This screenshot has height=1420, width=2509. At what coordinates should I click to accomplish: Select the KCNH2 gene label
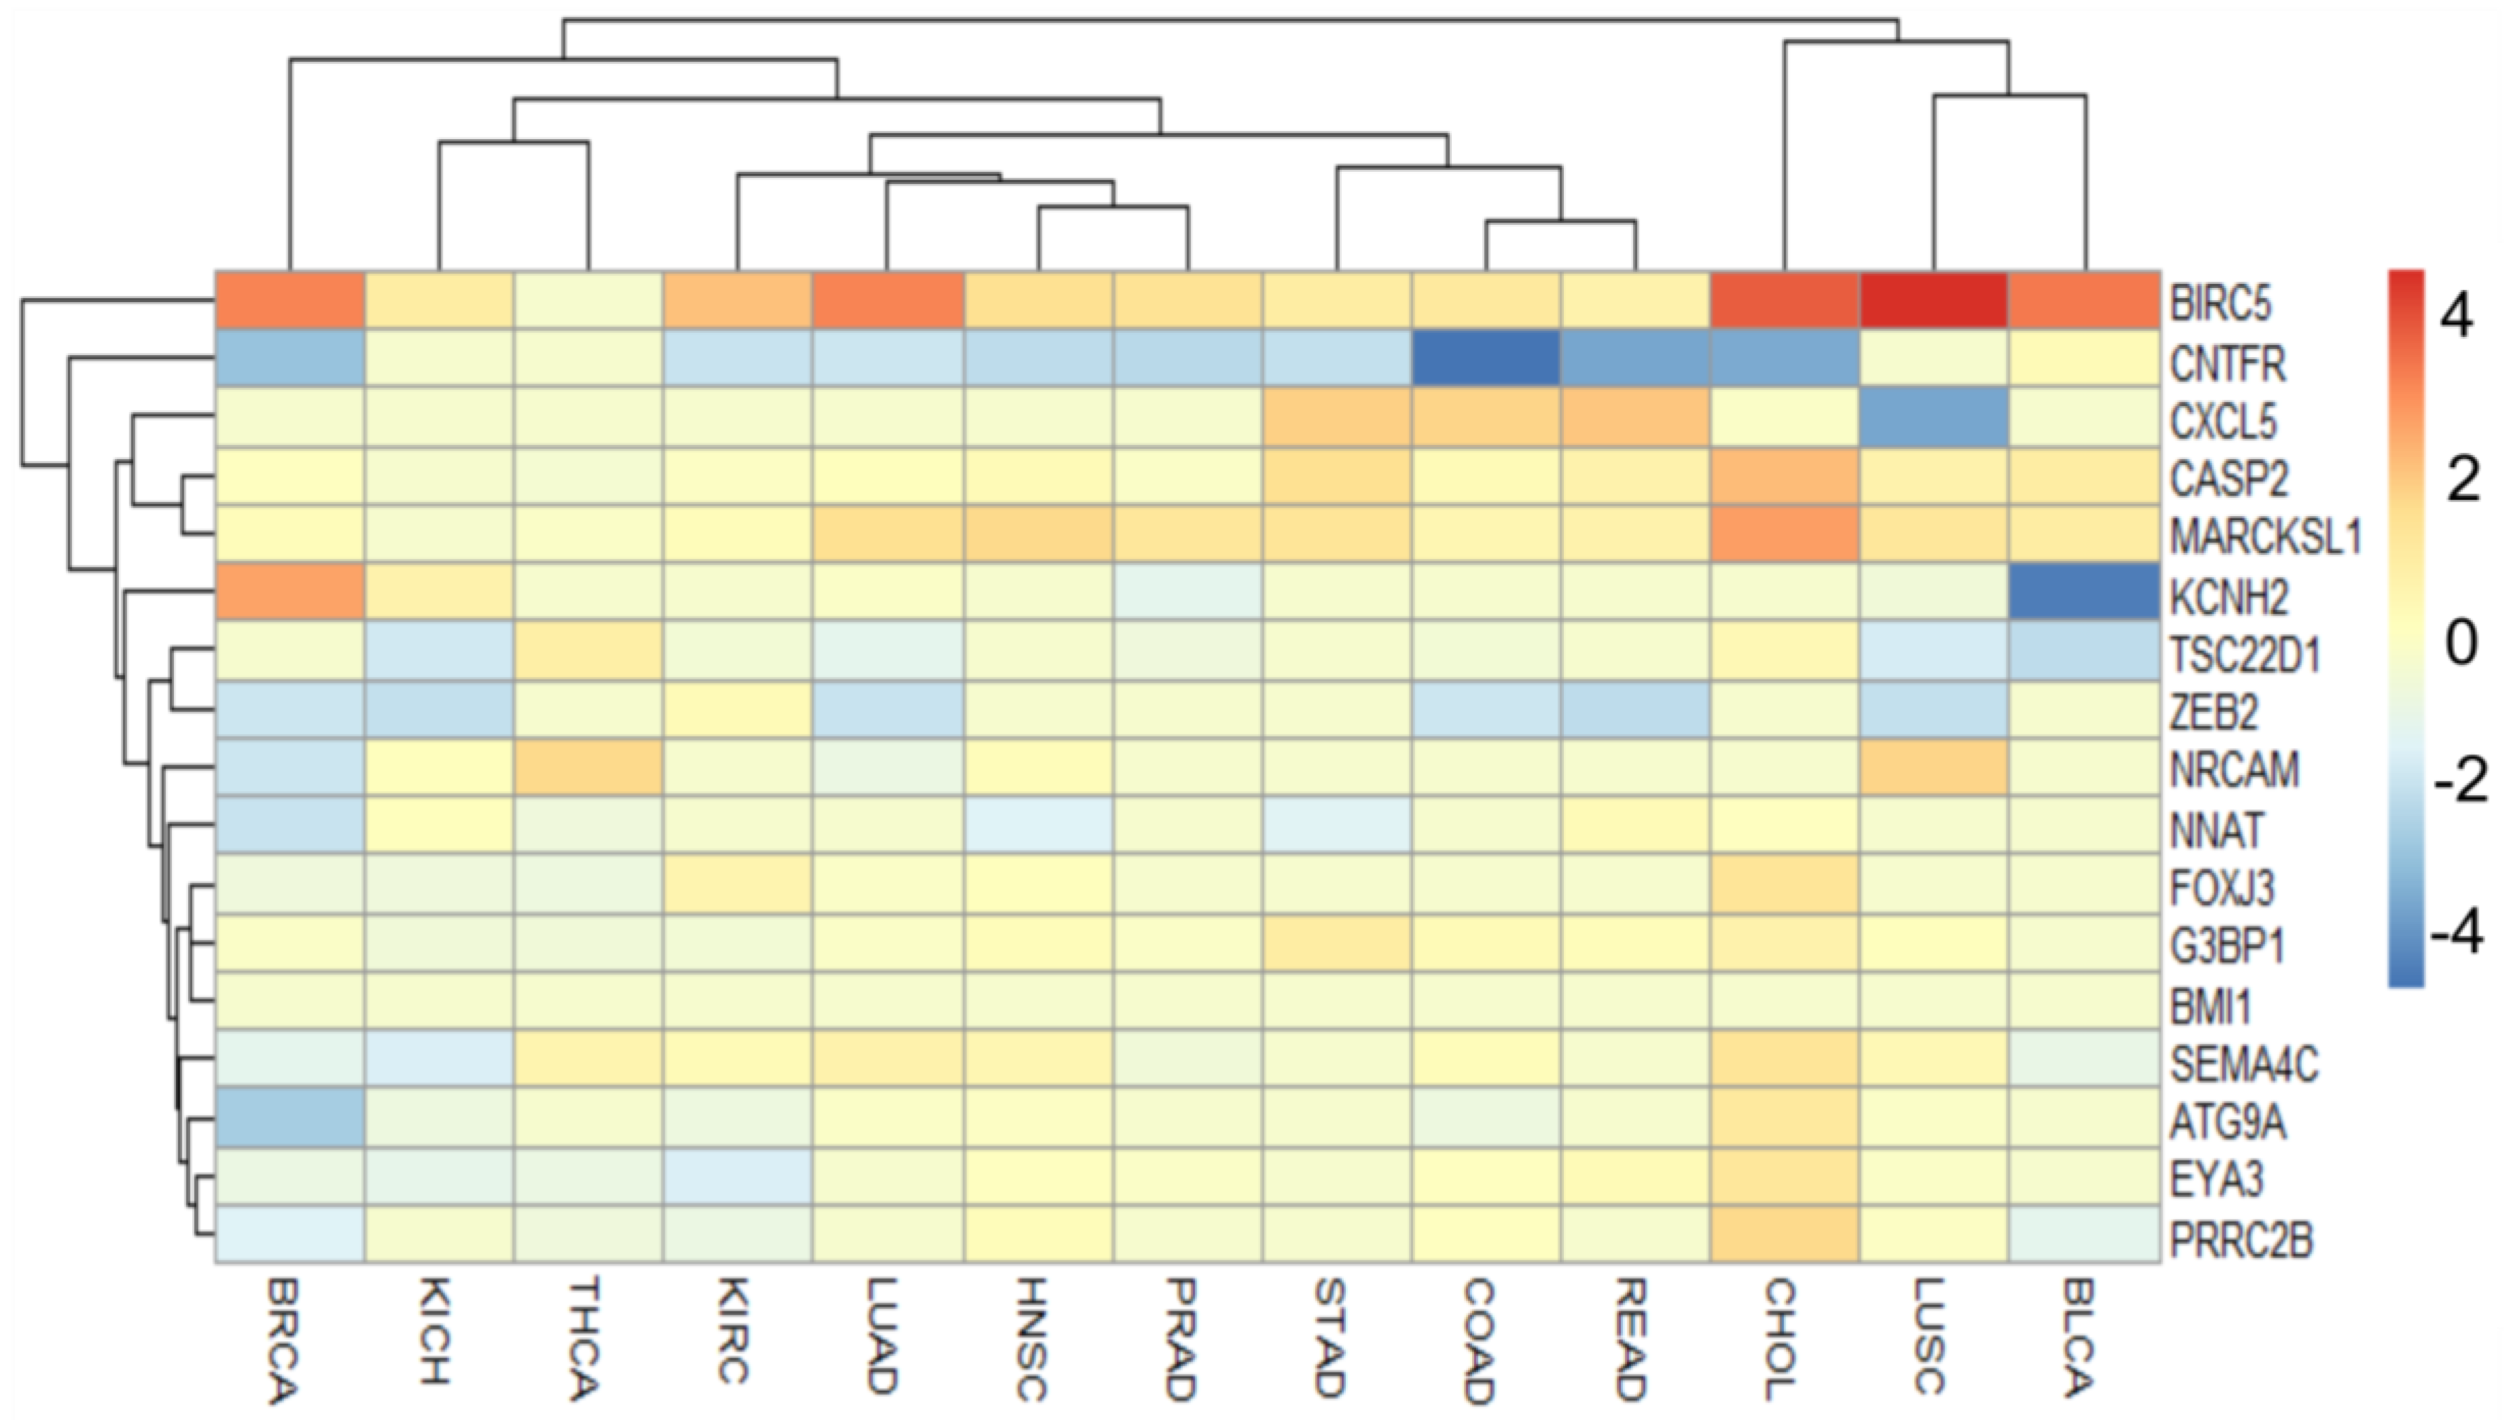click(2228, 596)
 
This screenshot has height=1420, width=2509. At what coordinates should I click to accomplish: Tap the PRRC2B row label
click(2240, 1241)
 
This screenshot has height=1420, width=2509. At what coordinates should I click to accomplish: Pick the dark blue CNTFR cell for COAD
click(1485, 358)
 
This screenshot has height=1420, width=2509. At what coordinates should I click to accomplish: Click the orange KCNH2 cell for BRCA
click(290, 591)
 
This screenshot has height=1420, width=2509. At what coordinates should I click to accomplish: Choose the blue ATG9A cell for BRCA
click(290, 1116)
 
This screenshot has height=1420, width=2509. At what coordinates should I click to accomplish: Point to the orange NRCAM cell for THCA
click(589, 767)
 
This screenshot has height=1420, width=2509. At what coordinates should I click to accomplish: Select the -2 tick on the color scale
click(2458, 781)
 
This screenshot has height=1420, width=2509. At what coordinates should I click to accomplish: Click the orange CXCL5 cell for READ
click(1634, 418)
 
